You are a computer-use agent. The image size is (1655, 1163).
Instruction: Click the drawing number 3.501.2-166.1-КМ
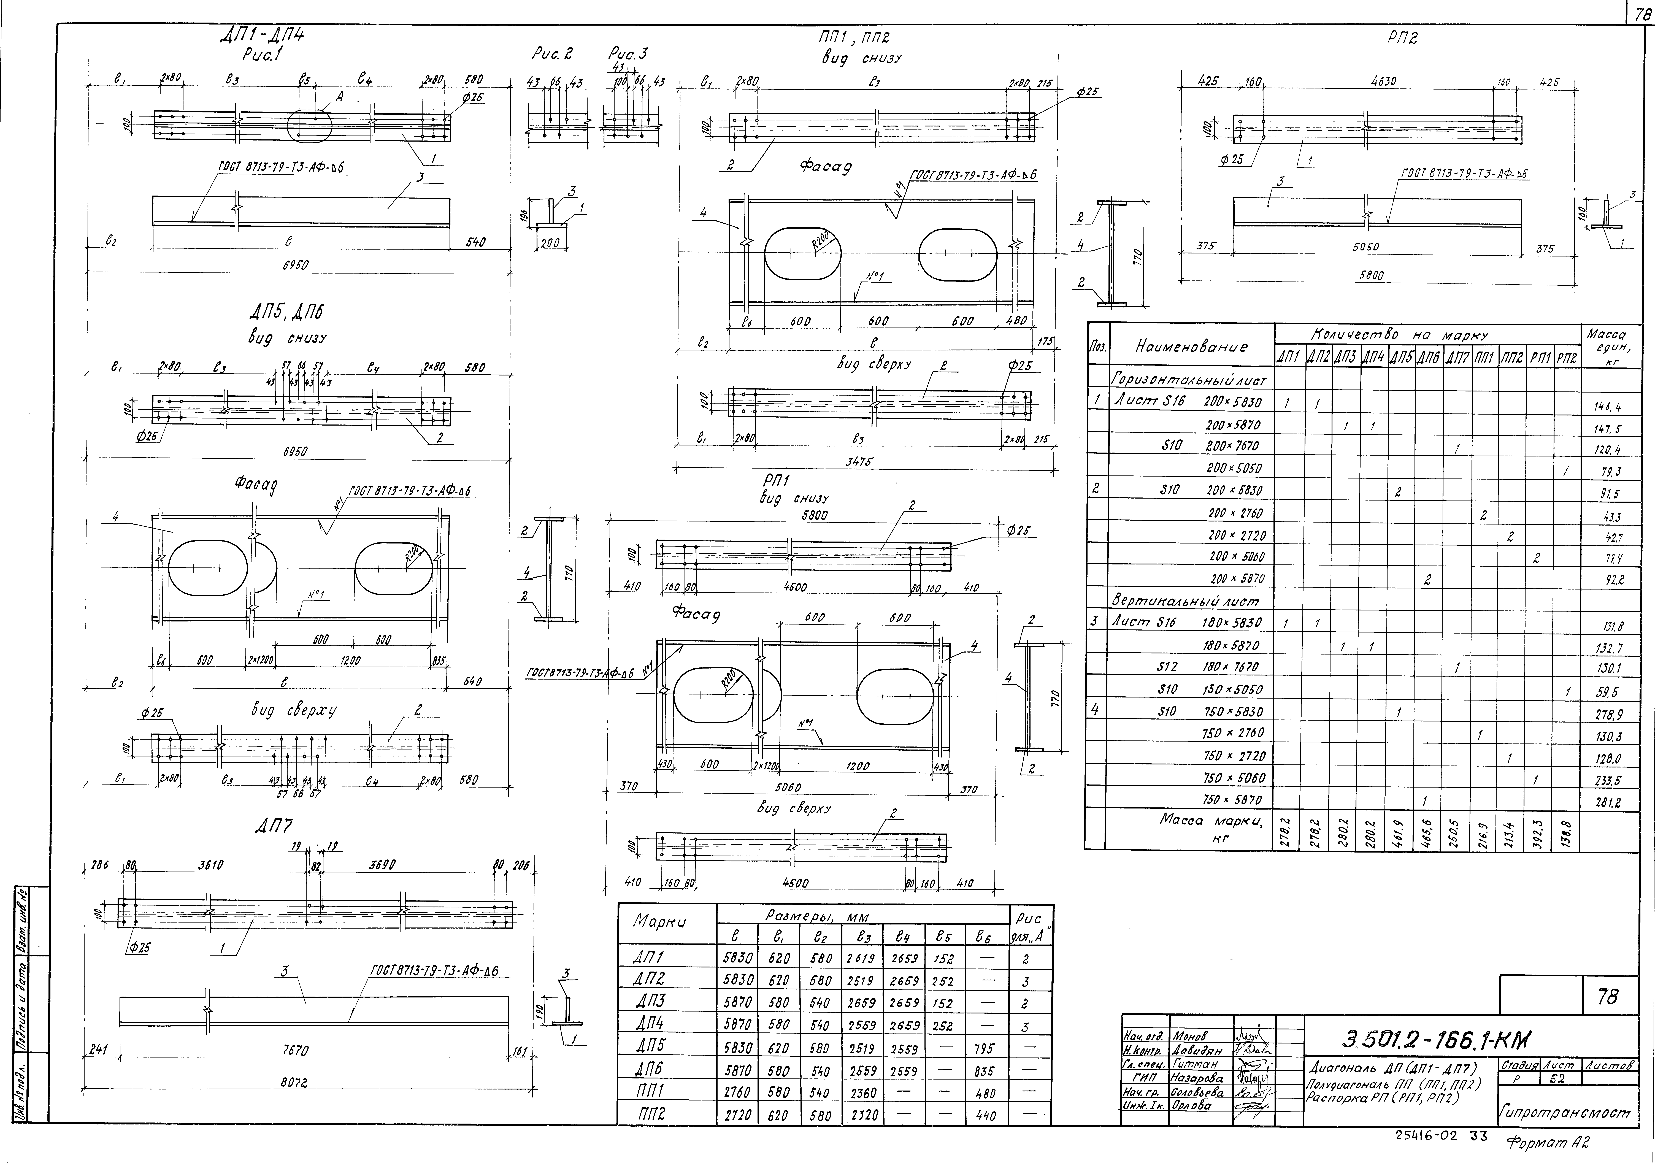click(1434, 1039)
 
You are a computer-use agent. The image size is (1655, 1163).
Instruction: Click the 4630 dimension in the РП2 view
click(1383, 82)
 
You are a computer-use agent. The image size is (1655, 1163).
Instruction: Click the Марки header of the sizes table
click(659, 922)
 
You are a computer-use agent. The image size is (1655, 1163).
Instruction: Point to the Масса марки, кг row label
click(1211, 829)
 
